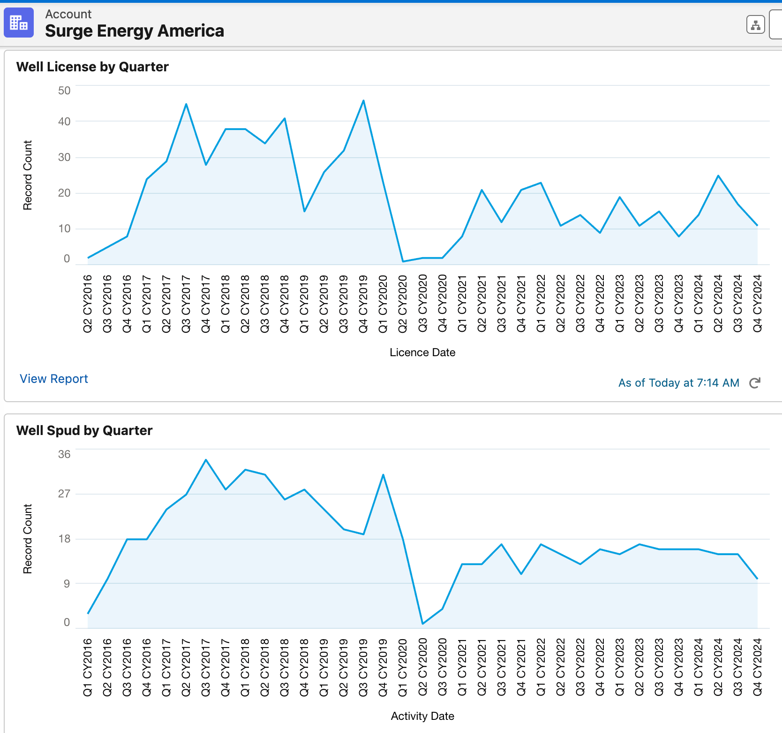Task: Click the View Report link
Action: [54, 379]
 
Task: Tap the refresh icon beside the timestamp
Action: [755, 383]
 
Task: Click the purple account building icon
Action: [19, 23]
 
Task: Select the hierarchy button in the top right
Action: [755, 25]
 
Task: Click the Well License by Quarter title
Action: [92, 67]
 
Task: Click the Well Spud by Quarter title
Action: [84, 430]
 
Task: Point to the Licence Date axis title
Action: [422, 352]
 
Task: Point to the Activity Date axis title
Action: [422, 716]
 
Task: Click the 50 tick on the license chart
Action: [64, 91]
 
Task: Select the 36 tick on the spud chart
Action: [64, 454]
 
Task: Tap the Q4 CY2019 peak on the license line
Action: [363, 100]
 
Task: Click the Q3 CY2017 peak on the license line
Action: [186, 104]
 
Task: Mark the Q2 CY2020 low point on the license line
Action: [403, 261]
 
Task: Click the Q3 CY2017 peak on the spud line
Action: [206, 460]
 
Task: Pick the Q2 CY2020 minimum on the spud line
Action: [423, 624]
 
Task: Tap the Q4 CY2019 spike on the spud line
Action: [383, 475]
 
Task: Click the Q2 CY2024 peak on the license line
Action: [718, 176]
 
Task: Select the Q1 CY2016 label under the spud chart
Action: [88, 667]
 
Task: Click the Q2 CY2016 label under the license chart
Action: [88, 304]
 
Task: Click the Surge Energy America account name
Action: [135, 31]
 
